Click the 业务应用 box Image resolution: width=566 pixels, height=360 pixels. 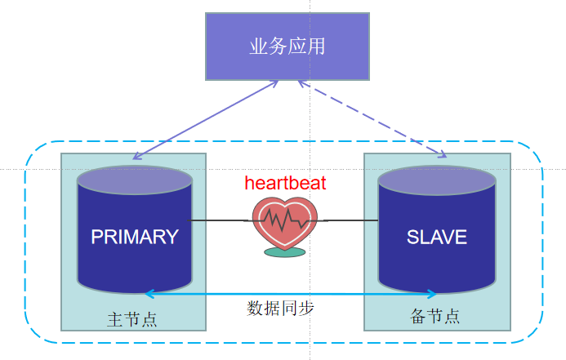tap(287, 47)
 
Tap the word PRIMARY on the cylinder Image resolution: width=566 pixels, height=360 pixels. tap(135, 237)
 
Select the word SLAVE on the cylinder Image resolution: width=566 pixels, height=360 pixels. tap(436, 237)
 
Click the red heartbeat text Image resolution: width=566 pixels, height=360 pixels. tap(285, 183)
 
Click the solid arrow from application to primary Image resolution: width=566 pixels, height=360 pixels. tap(204, 120)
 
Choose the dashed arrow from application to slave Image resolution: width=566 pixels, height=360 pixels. tap(372, 118)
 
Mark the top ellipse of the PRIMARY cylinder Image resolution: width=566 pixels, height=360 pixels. tap(135, 180)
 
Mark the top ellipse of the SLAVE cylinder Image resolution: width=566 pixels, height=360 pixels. tap(436, 180)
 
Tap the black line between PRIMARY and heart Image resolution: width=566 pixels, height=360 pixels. tap(219, 220)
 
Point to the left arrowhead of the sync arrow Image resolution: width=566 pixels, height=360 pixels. tap(148, 294)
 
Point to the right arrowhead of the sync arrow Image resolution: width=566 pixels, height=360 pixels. tap(431, 294)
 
